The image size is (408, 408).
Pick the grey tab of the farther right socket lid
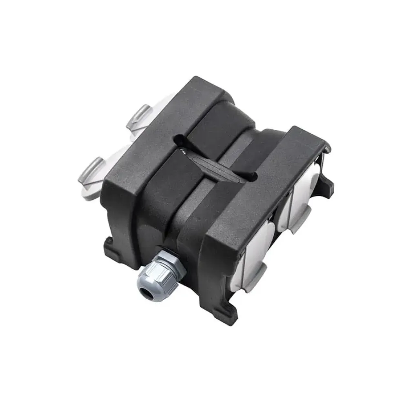click(x=300, y=222)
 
